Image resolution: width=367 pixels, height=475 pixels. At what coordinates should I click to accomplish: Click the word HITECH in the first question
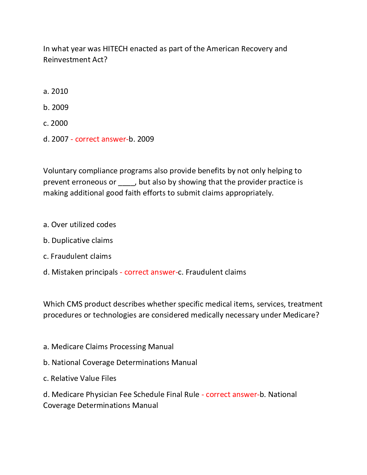(115, 49)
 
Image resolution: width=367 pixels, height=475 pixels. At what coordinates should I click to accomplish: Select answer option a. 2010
(56, 91)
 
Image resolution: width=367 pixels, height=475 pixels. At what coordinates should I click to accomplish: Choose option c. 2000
(56, 123)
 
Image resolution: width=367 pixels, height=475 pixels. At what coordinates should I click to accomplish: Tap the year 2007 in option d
(60, 139)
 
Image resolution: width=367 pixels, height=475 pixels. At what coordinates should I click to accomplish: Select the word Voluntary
(60, 171)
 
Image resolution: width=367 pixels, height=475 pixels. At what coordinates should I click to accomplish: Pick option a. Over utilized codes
(80, 225)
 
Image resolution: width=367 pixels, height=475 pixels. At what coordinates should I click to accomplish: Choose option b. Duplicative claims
(78, 240)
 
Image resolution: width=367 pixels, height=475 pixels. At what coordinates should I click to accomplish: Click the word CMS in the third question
(75, 304)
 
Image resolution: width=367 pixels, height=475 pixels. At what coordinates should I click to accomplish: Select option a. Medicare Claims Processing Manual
(109, 347)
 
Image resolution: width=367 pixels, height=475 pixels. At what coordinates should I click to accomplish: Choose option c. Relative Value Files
(80, 378)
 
